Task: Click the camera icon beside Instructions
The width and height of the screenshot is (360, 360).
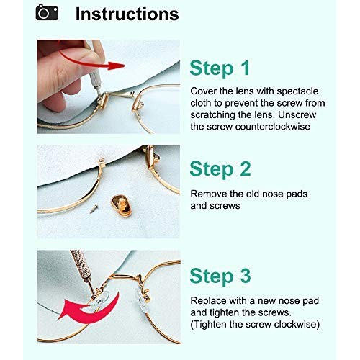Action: tap(47, 12)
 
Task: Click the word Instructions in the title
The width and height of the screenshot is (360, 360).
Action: tap(127, 14)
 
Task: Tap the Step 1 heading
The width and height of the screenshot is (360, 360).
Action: tap(220, 68)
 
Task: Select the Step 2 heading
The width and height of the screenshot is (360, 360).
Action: tap(220, 169)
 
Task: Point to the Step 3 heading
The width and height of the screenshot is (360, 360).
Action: tap(220, 276)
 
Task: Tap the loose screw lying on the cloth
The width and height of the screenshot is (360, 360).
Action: tap(94, 208)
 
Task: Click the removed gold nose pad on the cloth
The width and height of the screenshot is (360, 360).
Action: tap(122, 206)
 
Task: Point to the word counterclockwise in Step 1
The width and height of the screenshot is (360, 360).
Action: tap(273, 127)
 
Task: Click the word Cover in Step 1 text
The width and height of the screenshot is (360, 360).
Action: tap(203, 91)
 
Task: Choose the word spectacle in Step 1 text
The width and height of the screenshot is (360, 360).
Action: tap(297, 91)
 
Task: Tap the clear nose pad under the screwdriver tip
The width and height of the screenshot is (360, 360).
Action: tap(99, 301)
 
